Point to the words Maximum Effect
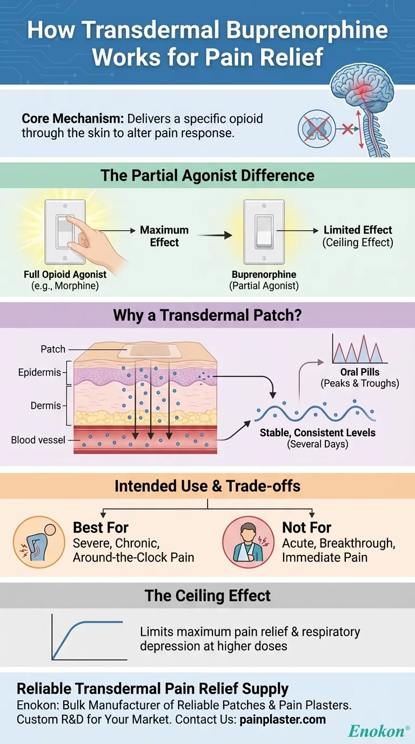(164, 236)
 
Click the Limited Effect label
(358, 230)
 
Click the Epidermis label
(39, 373)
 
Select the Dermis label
(46, 406)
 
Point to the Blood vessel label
(38, 440)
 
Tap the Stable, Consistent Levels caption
(317, 433)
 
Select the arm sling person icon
(248, 542)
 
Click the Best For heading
(101, 527)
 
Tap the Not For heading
(306, 527)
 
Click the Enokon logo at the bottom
(376, 731)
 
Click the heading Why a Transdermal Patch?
(207, 315)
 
